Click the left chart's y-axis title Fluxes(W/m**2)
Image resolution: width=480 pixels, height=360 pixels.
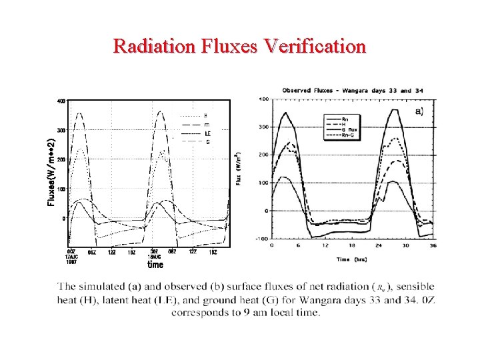tap(51, 172)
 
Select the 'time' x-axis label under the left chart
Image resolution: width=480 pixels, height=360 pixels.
tap(155, 265)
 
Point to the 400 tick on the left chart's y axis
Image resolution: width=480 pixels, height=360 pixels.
tap(61, 101)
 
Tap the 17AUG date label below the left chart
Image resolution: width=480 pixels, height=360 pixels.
tap(71, 257)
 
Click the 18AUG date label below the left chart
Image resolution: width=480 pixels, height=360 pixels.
tap(154, 257)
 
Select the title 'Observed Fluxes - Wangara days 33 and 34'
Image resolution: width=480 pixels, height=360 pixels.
tap(353, 90)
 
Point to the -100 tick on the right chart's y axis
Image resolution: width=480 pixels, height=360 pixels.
tap(262, 239)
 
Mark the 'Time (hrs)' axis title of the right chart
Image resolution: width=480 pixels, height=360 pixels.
tap(353, 259)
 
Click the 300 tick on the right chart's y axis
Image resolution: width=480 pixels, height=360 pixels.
tap(263, 127)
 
